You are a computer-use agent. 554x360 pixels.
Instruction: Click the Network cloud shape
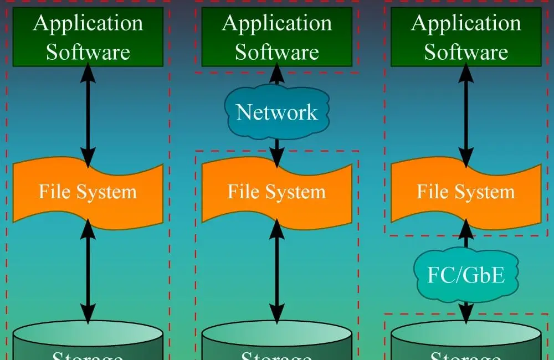pyautogui.click(x=277, y=112)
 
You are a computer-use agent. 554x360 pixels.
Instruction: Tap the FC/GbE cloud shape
pyautogui.click(x=466, y=275)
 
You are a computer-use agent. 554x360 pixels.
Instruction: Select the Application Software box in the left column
pyautogui.click(x=88, y=37)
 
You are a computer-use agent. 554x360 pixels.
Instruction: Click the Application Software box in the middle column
pyautogui.click(x=277, y=37)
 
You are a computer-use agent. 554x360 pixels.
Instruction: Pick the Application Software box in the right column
pyautogui.click(x=466, y=37)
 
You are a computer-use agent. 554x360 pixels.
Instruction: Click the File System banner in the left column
pyautogui.click(x=88, y=192)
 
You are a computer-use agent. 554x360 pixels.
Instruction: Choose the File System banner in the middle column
pyautogui.click(x=277, y=192)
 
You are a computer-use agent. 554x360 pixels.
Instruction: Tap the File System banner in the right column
pyautogui.click(x=466, y=192)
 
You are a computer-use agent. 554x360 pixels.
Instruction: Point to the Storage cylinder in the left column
pyautogui.click(x=88, y=341)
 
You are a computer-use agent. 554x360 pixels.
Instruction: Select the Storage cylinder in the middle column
pyautogui.click(x=277, y=341)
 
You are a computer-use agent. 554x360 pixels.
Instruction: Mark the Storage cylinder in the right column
pyautogui.click(x=466, y=341)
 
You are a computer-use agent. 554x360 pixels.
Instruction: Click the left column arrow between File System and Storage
pyautogui.click(x=88, y=271)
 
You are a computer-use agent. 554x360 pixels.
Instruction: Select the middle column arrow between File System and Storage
pyautogui.click(x=277, y=271)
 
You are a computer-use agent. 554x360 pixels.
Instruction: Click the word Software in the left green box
pyautogui.click(x=88, y=52)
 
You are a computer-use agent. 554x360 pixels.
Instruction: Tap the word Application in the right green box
pyautogui.click(x=466, y=23)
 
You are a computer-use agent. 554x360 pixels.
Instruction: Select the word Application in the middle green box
pyautogui.click(x=277, y=23)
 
